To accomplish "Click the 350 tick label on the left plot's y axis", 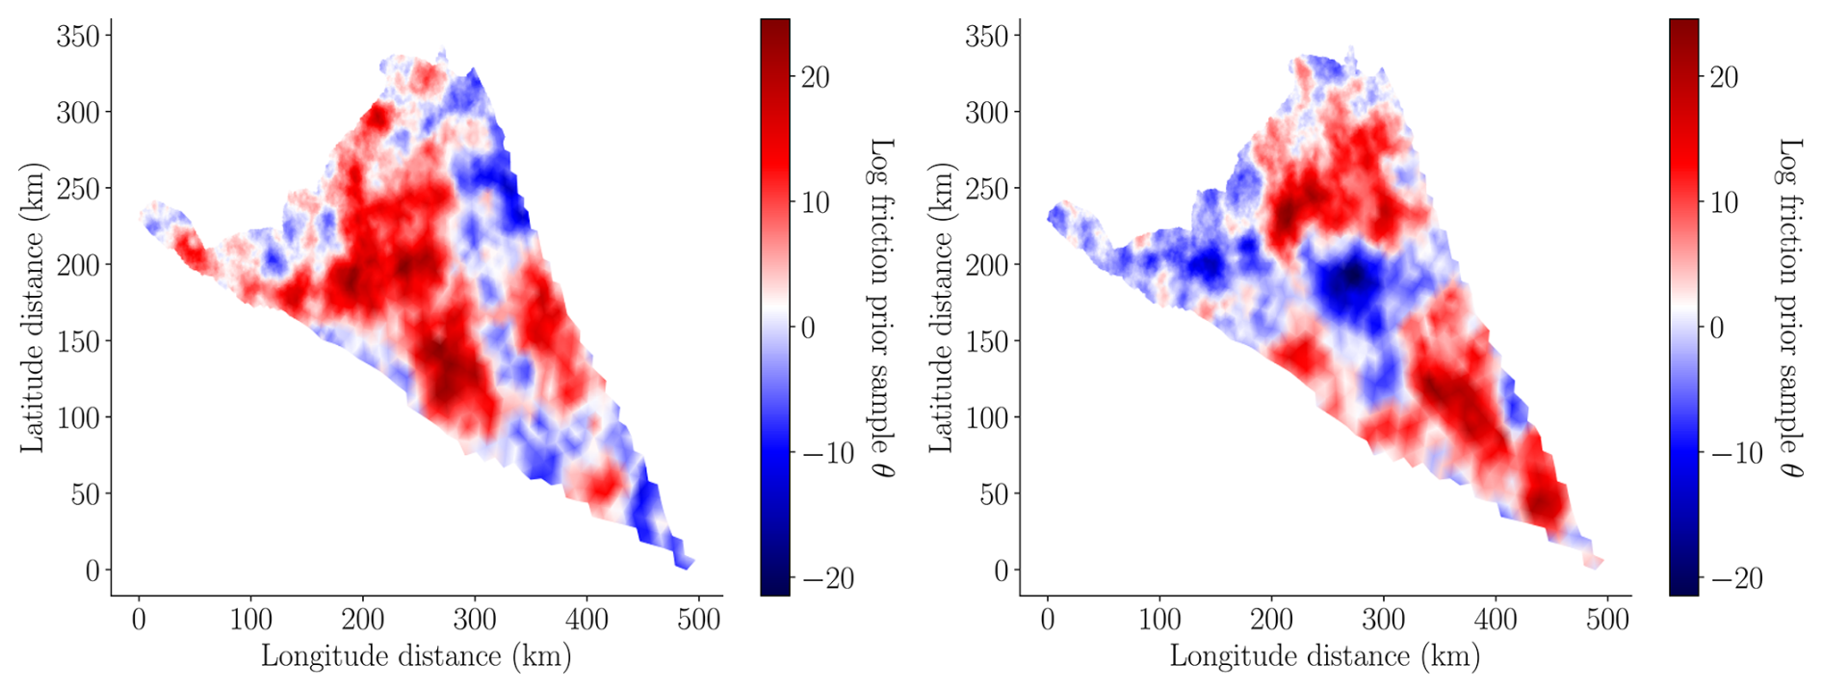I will (x=78, y=36).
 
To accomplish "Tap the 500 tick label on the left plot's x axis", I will (x=698, y=619).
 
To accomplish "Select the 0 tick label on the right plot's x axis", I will (x=1048, y=619).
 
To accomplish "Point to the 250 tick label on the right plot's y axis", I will (x=987, y=189).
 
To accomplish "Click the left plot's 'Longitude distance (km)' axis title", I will (x=416, y=657).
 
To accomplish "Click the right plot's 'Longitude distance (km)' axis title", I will (x=1324, y=657).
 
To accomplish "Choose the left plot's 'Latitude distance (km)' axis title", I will (x=33, y=306).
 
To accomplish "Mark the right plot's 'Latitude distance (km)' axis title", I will (x=941, y=306).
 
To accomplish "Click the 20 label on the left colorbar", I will (x=815, y=77).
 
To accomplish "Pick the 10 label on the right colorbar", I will (x=1724, y=202).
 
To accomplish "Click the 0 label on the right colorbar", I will (x=1717, y=328).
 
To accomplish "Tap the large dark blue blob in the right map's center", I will (x=1351, y=281).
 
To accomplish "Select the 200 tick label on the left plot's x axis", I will (x=363, y=619).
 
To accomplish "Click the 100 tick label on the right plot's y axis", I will (x=987, y=418).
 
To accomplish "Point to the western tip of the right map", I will (x=1051, y=217).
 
